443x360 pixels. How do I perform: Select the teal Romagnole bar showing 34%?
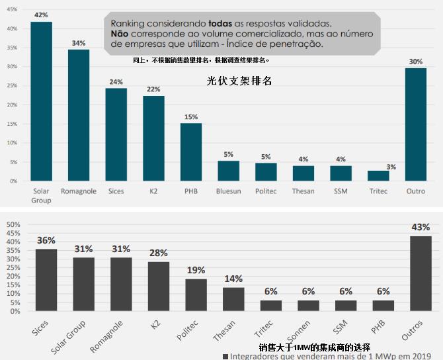[x=79, y=115]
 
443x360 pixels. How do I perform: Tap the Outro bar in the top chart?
[x=415, y=124]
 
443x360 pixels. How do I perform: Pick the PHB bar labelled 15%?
[x=191, y=152]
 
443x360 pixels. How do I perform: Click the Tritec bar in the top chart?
[x=378, y=175]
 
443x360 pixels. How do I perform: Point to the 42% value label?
[x=41, y=15]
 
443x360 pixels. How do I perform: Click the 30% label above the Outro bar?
[x=415, y=62]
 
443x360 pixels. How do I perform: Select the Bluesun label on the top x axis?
[x=228, y=192]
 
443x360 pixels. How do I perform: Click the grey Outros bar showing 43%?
[x=421, y=273]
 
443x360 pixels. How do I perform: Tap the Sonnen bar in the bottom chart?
[x=308, y=306]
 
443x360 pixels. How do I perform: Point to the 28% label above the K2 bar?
[x=159, y=253]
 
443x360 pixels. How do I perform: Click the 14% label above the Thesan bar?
[x=233, y=279]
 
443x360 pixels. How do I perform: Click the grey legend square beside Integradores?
[x=225, y=356]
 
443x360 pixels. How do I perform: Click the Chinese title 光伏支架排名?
[x=239, y=81]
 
